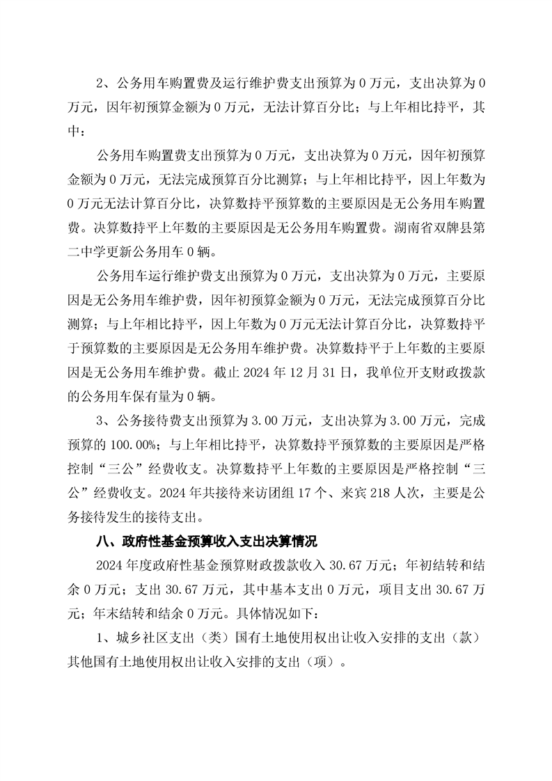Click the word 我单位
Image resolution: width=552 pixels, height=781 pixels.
coord(376,374)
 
